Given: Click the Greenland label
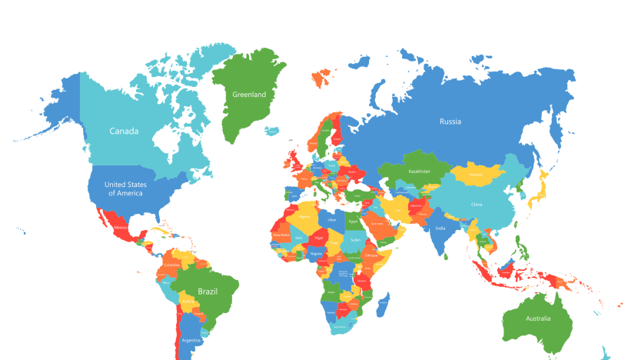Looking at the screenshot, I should (249, 95).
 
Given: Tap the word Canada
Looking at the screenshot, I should (124, 131).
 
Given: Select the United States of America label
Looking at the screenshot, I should (125, 188).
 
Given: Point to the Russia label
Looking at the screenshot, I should (450, 121).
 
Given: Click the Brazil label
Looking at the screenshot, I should (208, 292).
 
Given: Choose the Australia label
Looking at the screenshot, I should (539, 318).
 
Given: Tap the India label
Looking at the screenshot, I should (440, 228).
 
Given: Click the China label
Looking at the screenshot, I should (477, 205).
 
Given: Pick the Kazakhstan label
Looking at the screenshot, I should (420, 171).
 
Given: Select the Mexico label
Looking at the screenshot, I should (121, 228).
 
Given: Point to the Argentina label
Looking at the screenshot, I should (191, 339).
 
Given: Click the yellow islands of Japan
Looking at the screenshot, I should (542, 185).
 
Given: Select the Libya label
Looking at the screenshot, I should (332, 219).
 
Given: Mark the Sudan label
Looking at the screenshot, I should (355, 240).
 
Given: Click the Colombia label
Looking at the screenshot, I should (171, 265).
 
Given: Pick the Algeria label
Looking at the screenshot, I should (304, 217).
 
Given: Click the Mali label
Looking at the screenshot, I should (298, 238).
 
